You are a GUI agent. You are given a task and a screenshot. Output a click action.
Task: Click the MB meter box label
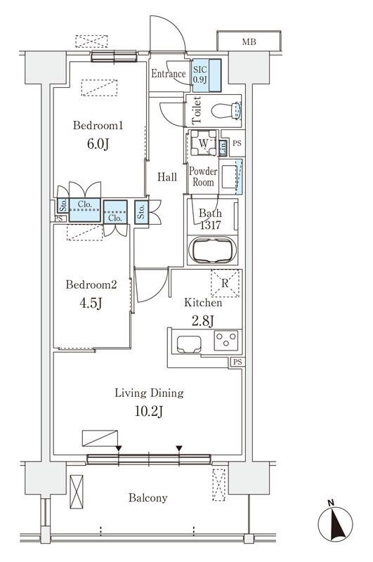[249, 42]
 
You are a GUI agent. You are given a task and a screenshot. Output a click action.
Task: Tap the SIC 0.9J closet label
[199, 74]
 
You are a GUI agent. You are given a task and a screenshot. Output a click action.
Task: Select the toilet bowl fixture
[225, 110]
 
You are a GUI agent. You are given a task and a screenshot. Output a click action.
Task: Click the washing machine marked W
[203, 143]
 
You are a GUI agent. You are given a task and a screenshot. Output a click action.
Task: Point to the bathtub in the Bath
[212, 249]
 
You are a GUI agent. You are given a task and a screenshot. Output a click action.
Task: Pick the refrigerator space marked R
[225, 283]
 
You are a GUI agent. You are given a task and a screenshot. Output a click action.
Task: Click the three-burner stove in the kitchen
[225, 340]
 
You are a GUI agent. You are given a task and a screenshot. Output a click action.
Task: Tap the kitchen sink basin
[189, 344]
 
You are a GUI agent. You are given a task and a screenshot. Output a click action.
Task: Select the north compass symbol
[335, 523]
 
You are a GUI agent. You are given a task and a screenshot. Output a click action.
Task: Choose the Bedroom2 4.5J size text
[91, 303]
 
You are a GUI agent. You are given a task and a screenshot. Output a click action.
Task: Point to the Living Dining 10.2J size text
[149, 412]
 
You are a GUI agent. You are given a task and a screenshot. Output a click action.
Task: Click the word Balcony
[148, 498]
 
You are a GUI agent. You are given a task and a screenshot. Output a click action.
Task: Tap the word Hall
[167, 177]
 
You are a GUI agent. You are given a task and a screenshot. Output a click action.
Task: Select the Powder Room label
[203, 176]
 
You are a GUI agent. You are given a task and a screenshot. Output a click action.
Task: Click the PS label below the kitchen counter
[237, 362]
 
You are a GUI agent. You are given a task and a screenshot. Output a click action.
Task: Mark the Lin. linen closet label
[223, 148]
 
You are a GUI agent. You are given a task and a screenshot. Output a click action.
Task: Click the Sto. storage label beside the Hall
[141, 212]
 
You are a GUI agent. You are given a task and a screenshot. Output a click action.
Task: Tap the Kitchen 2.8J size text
[203, 320]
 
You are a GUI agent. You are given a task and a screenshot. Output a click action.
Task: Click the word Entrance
[169, 74]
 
